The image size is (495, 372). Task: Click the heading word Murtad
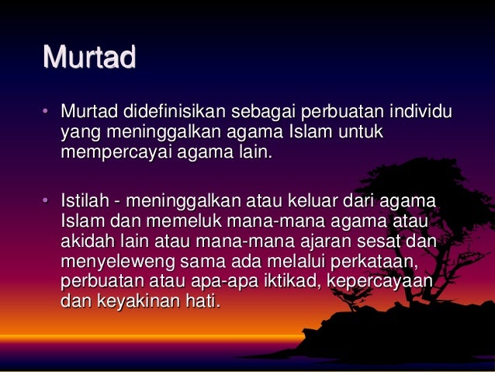[89, 57]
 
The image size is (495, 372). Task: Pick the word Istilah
[85, 203]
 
